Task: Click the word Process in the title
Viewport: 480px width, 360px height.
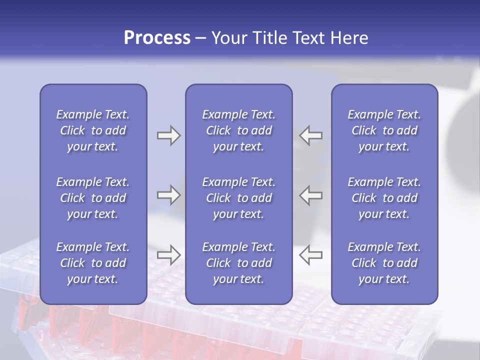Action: pyautogui.click(x=157, y=38)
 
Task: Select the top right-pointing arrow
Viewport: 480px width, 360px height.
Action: pyautogui.click(x=168, y=135)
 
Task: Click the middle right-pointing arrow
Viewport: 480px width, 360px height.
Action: pyautogui.click(x=168, y=195)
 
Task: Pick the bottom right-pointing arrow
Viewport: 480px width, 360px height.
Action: pyautogui.click(x=168, y=255)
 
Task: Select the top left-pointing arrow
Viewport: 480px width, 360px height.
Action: pyautogui.click(x=310, y=135)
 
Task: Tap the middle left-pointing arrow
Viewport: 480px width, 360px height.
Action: pyautogui.click(x=310, y=195)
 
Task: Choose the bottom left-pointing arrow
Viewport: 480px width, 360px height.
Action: pyautogui.click(x=310, y=255)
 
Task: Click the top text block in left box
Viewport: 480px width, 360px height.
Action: pyautogui.click(x=93, y=130)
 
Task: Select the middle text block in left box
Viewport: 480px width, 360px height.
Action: pyautogui.click(x=93, y=198)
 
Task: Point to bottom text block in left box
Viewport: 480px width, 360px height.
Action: pyautogui.click(x=93, y=263)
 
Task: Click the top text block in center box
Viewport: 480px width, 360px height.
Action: pyautogui.click(x=238, y=130)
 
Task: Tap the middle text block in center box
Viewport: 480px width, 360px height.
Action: pyautogui.click(x=238, y=198)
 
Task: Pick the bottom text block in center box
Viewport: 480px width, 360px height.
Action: pyautogui.click(x=238, y=263)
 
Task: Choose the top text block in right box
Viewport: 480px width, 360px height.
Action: pyautogui.click(x=384, y=130)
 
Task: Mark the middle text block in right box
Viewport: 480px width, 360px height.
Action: pyautogui.click(x=384, y=198)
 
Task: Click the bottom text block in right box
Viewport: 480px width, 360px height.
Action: pyautogui.click(x=384, y=263)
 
